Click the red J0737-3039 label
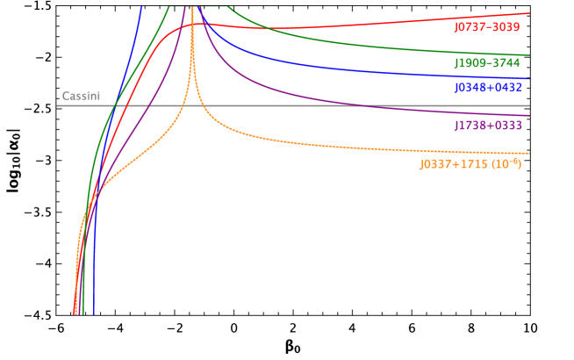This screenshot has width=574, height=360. point(486,27)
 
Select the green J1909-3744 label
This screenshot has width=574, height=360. point(486,63)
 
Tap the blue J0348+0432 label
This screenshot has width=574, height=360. point(487,88)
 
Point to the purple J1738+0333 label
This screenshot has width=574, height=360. point(487,126)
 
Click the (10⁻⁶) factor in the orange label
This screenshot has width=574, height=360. point(506,163)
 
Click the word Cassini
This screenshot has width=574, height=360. point(79,96)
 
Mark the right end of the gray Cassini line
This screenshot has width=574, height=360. point(529,105)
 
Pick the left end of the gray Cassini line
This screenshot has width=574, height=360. point(58,105)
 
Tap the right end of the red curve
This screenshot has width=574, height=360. point(529,13)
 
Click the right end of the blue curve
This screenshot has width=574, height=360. point(529,78)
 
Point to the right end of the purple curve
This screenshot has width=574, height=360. point(529,115)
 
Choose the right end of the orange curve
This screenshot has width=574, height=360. point(529,154)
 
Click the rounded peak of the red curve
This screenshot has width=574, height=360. point(200,24)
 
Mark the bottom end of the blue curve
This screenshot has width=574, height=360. point(93,313)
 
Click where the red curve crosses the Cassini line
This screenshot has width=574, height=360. point(118,105)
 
